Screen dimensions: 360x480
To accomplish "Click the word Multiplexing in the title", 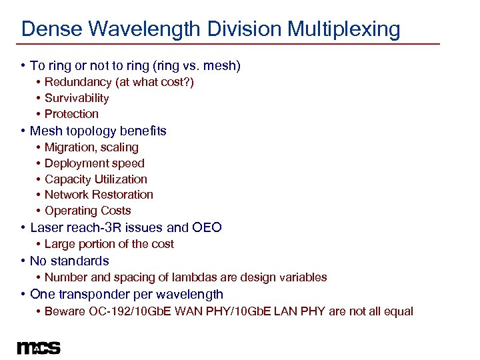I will tap(344, 29).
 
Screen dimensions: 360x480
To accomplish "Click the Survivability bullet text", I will tap(77, 98).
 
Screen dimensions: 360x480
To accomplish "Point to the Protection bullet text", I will tap(71, 114).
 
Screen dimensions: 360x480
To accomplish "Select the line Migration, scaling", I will tap(91, 147).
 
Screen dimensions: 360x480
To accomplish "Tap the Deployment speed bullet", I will tap(94, 163).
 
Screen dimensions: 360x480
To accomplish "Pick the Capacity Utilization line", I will tap(96, 179).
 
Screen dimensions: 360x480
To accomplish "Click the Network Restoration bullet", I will tap(99, 195).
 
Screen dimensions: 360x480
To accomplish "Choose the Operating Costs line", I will tap(88, 211).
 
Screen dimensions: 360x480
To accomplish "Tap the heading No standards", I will tap(69, 261).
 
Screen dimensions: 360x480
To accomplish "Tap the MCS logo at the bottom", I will tap(39, 348).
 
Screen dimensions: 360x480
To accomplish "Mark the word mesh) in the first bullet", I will tap(223, 65).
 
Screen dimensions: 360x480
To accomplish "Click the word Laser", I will tap(46, 227).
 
